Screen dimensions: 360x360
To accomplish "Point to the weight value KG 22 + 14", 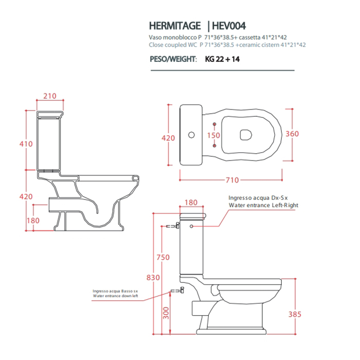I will pos(222,59).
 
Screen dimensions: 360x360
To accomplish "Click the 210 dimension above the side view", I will pos(50,96).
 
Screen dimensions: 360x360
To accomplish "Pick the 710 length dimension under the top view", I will pos(232,180).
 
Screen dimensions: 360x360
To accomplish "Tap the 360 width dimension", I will pos(292,134).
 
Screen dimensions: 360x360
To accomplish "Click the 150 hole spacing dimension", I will pos(213,135).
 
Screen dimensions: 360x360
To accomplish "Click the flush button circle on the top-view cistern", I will pos(192,135).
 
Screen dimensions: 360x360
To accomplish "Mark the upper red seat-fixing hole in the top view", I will pos(214,124).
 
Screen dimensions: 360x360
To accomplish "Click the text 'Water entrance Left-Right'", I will pos(263,205).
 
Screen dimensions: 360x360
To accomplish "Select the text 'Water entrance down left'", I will pos(116,296).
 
